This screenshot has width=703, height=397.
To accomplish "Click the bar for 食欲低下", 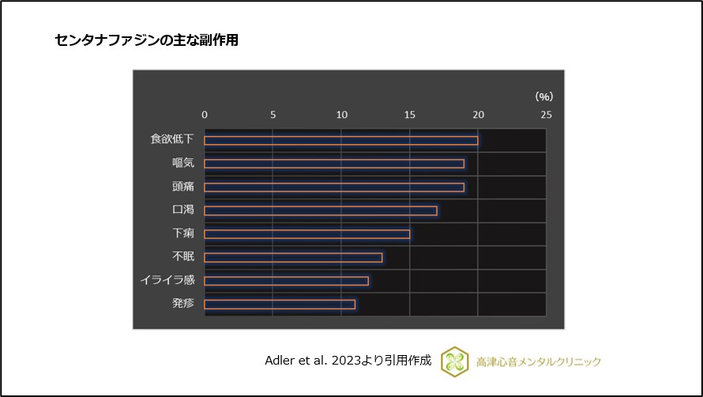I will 340,140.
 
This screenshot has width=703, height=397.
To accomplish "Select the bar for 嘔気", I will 334,164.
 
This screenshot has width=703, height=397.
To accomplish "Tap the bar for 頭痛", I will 334,187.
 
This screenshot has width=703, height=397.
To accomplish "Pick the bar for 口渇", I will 321,210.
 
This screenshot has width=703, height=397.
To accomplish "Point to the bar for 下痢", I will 307,234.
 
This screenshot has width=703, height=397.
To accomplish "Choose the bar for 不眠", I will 293,257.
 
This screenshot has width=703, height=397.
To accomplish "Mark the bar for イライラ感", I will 286,281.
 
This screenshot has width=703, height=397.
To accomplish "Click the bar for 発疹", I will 280,304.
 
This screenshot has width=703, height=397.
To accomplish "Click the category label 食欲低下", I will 172,139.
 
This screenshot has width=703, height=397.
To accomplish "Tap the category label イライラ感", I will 167,280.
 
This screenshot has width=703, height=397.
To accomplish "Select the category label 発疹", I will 182,304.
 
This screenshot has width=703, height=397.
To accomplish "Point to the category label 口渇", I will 182,210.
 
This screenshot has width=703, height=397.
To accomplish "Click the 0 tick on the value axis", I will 205,115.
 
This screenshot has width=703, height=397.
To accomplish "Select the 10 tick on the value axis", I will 341,115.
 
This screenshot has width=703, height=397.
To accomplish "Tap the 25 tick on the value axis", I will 546,115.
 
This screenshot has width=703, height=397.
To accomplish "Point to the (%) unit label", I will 544,96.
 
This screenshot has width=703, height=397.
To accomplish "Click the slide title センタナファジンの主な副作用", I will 147,40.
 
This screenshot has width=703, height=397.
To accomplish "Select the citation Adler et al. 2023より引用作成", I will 348,361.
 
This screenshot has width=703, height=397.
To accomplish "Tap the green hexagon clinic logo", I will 456,361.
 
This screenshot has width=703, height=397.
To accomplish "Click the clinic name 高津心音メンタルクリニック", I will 539,362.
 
